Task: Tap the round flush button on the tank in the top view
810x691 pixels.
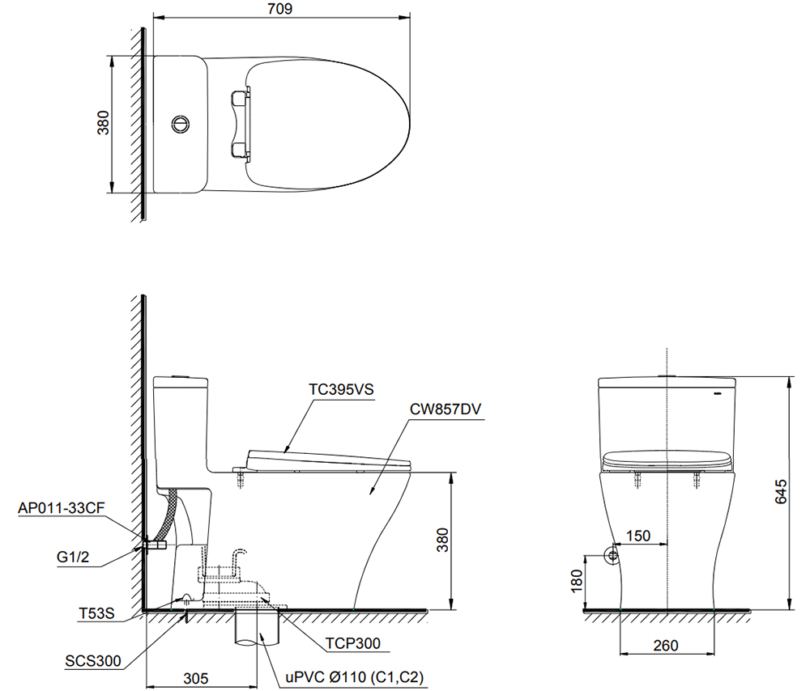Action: pos(180,124)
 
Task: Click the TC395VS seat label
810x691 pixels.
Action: pos(340,388)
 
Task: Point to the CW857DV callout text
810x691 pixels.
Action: pos(445,409)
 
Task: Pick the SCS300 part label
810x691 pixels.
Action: pos(93,661)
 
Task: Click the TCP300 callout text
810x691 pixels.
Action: pos(353,644)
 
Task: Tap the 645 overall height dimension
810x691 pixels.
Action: pos(780,491)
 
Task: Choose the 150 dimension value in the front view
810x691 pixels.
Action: pos(638,536)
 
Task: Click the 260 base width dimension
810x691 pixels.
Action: pos(666,646)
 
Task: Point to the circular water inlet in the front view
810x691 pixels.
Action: pos(612,555)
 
